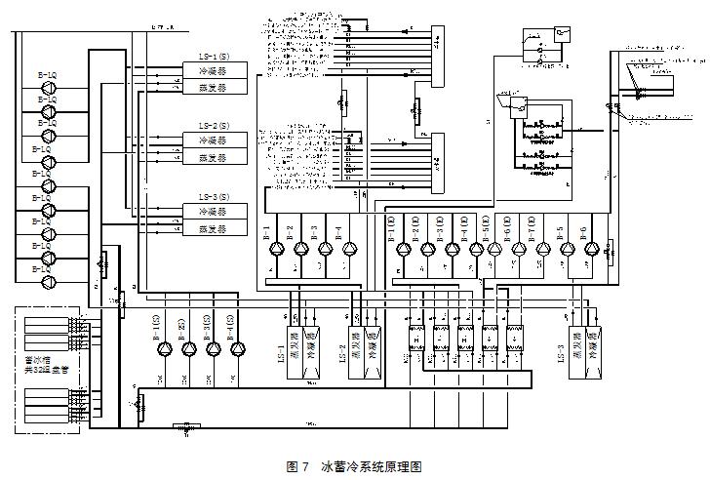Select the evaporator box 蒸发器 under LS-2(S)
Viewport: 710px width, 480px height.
pos(215,158)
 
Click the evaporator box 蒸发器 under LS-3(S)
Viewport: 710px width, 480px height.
pos(215,228)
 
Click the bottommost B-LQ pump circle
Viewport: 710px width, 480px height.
pos(46,282)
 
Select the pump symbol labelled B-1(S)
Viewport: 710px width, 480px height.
pos(164,349)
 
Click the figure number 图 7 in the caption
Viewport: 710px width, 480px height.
pos(296,467)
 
